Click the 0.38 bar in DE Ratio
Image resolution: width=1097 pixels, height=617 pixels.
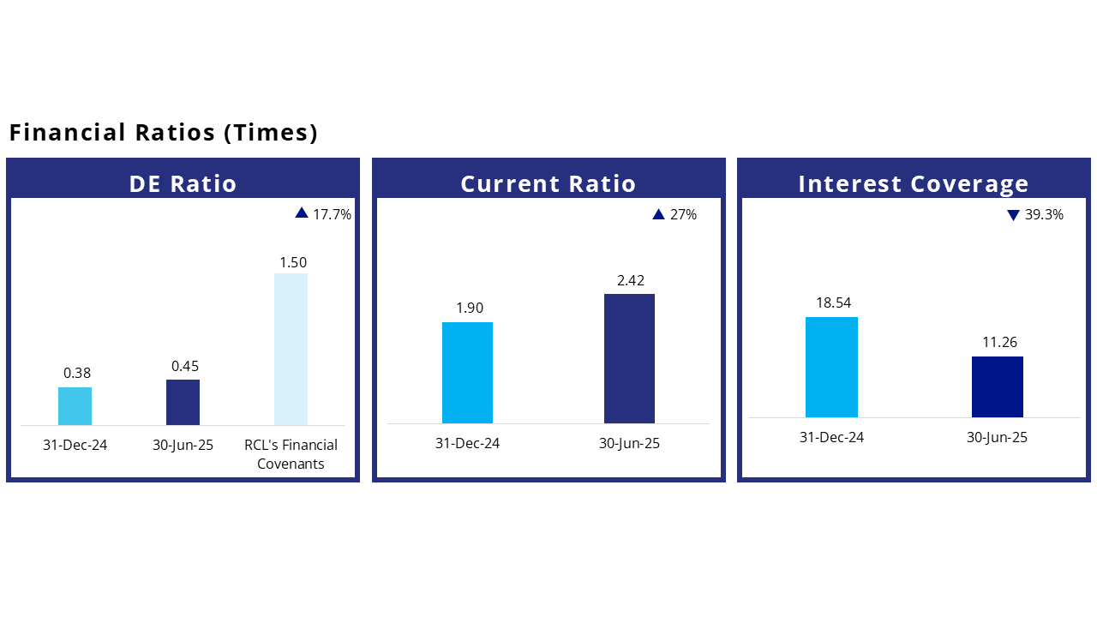point(75,406)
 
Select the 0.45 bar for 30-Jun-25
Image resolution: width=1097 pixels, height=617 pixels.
point(183,402)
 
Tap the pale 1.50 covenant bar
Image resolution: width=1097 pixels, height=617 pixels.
point(291,349)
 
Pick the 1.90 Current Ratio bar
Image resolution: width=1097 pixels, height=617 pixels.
point(467,373)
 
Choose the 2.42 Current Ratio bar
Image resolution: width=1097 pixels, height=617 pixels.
point(629,358)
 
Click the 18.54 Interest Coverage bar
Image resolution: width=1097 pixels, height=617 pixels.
point(831,368)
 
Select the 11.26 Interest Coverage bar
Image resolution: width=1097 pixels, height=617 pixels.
point(998,386)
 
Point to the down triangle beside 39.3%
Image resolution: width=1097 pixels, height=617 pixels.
point(1013,215)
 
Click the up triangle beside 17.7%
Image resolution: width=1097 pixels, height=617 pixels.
point(302,213)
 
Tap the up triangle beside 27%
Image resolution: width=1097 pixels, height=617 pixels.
point(659,214)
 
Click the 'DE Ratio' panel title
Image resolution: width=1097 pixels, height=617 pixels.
point(183,183)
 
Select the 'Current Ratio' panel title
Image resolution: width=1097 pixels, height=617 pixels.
point(548,183)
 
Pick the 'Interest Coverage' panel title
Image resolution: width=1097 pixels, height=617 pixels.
point(914,184)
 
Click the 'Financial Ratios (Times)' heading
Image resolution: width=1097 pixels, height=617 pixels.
point(164,133)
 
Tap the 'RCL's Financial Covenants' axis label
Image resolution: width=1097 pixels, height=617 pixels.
point(291,454)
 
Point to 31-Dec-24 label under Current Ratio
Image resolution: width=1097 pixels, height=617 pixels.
point(467,443)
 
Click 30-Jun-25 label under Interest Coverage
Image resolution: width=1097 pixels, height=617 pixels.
point(997,437)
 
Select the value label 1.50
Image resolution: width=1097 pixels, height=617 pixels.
point(293,262)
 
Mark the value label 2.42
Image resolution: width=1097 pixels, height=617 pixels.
point(631,280)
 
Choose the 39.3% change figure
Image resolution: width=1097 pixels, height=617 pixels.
point(1044,214)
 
